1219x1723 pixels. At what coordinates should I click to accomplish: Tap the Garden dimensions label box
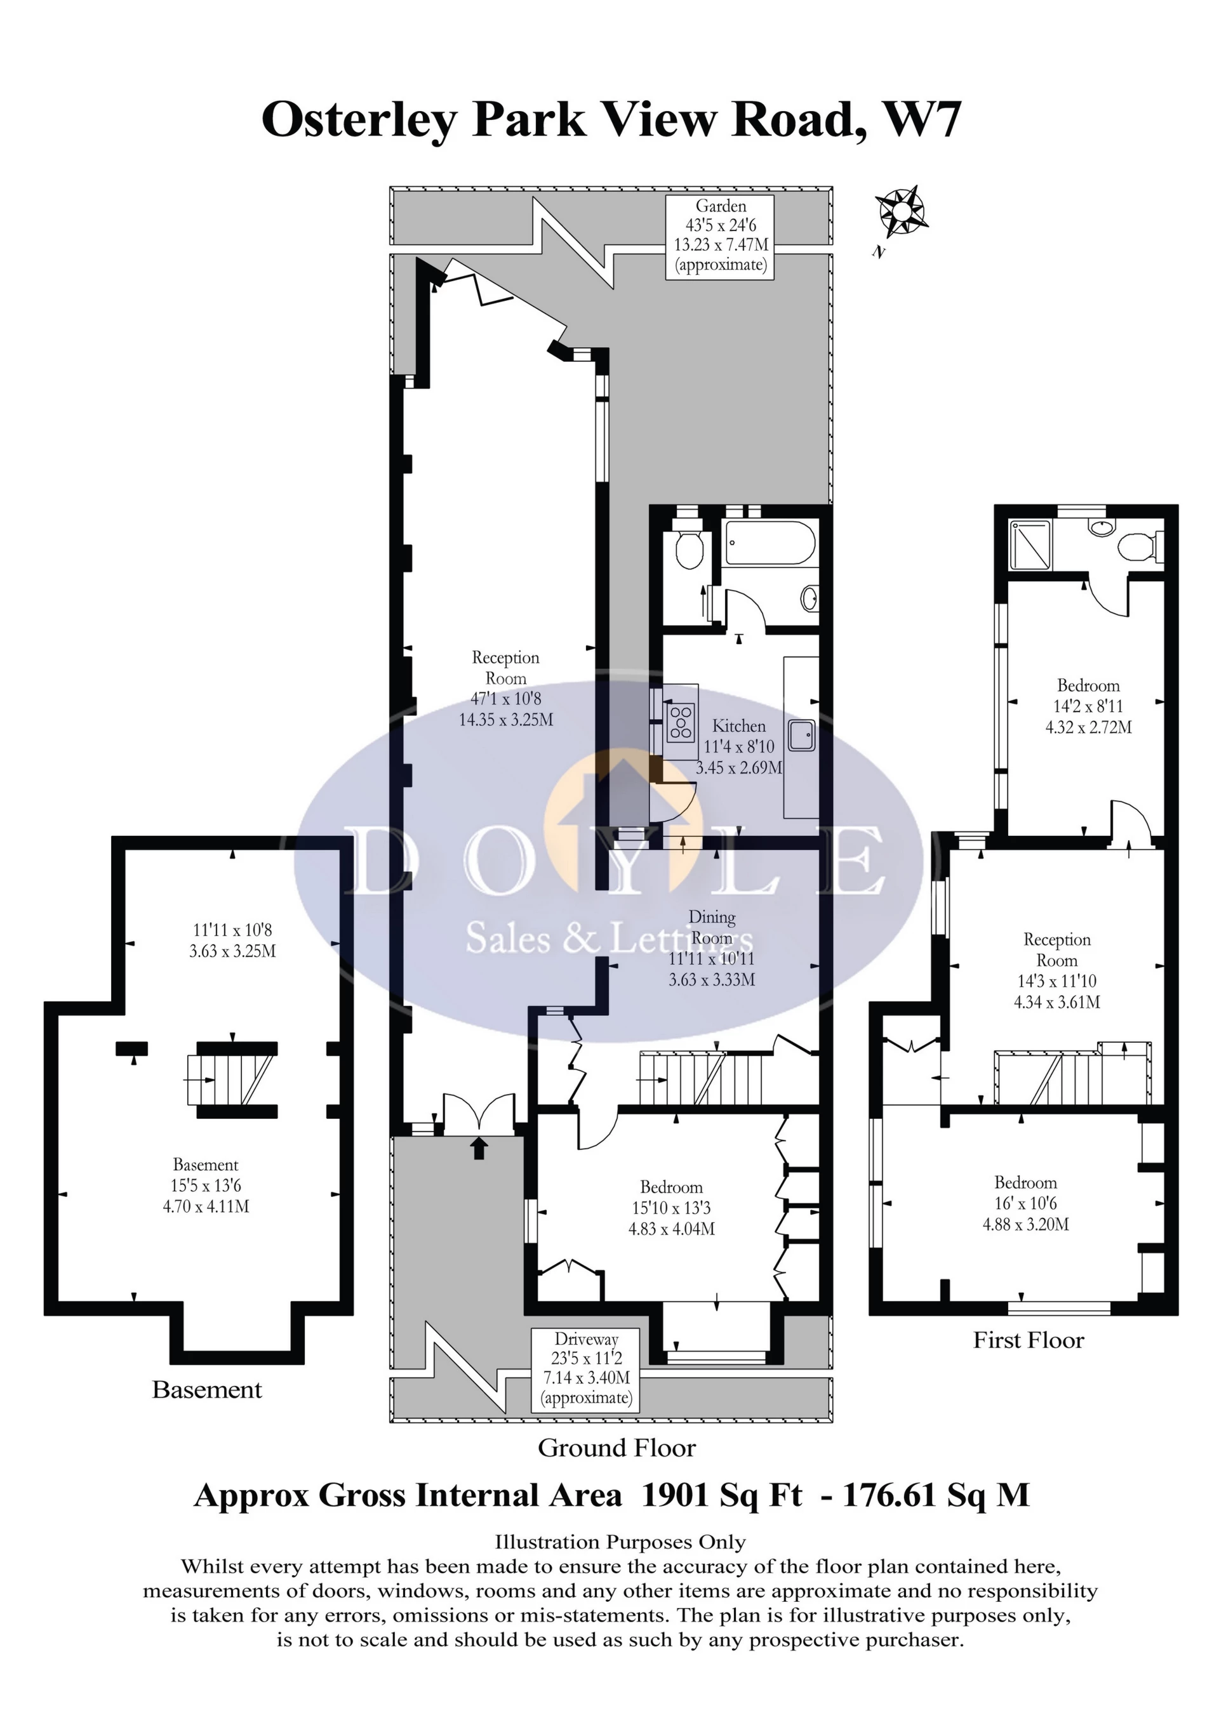point(721,236)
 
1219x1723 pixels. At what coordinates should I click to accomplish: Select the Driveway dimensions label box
point(586,1370)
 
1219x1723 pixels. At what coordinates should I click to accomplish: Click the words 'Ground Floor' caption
point(617,1448)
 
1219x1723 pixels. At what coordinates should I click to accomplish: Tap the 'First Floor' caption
point(1029,1340)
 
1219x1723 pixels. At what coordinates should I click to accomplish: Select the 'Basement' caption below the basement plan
point(206,1390)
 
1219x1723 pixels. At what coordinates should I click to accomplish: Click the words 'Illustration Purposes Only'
point(620,1542)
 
